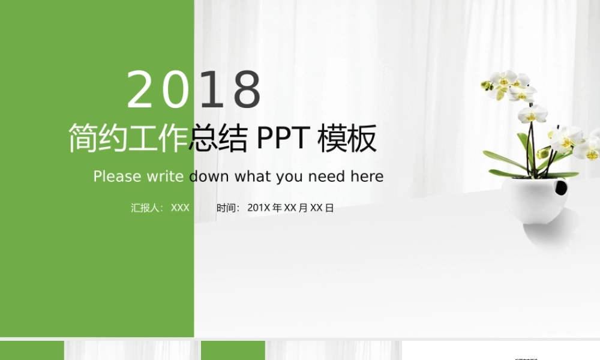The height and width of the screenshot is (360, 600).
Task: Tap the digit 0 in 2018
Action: point(176,90)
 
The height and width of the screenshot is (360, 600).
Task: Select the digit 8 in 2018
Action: point(247,90)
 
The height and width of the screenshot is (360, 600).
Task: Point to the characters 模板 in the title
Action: point(347,139)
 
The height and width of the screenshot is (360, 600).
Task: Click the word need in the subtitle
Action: point(326,176)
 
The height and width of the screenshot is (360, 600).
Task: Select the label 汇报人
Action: point(146,208)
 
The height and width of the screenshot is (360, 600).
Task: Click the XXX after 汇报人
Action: point(180,208)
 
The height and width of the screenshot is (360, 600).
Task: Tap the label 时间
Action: point(227,208)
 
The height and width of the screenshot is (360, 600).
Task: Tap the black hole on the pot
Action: point(560,188)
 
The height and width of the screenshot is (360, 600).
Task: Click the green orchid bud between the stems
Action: point(544,152)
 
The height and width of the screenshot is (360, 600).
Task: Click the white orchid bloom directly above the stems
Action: point(532,113)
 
